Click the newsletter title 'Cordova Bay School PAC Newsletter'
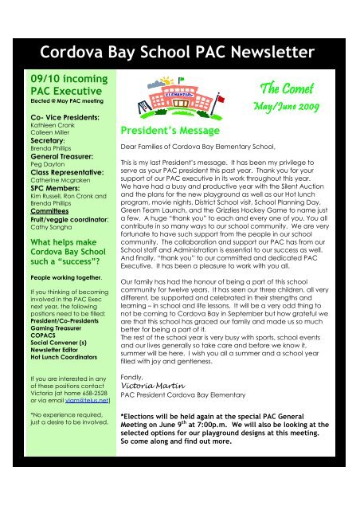click(x=179, y=53)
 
